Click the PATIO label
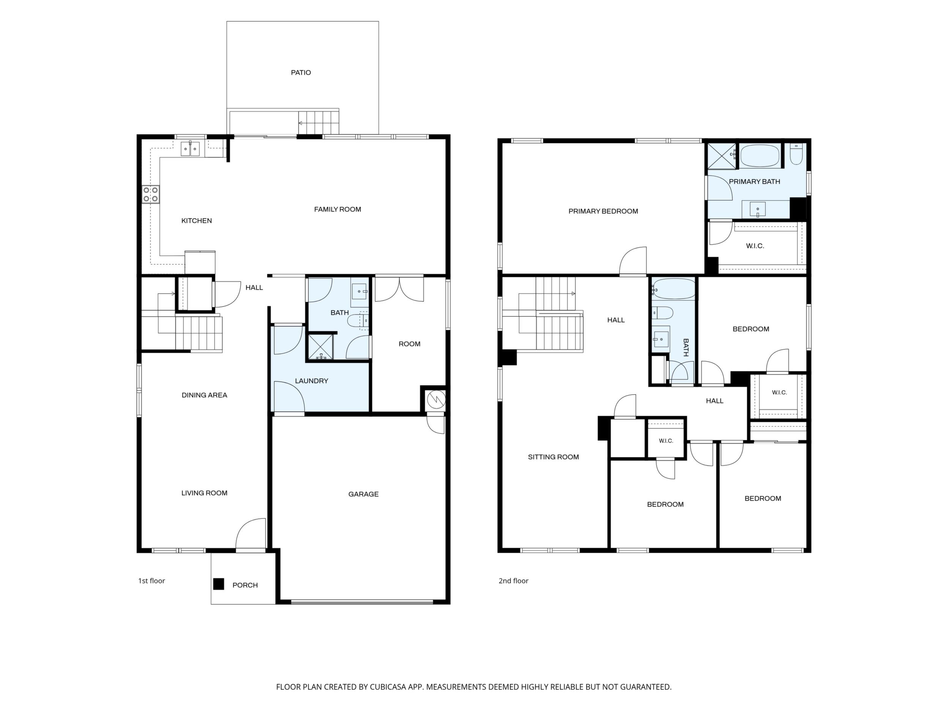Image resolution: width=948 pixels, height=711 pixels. coord(301,73)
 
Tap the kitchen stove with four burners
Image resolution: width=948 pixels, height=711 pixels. coord(151,194)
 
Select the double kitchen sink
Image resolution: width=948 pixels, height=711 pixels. coord(190,149)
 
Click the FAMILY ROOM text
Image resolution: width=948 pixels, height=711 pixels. coord(338,209)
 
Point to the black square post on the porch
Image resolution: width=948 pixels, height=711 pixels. coord(218,584)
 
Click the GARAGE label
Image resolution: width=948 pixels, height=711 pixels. coord(363,494)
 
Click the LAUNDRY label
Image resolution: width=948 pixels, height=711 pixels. coord(311,381)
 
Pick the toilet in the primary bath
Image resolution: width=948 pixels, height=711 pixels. coord(796,154)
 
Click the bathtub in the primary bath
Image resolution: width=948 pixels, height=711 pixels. coord(760,156)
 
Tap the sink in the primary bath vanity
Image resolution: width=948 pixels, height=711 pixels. coord(758,210)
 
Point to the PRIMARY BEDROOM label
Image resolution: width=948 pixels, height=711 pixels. coord(603,211)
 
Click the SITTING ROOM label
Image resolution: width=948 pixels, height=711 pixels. coord(553,457)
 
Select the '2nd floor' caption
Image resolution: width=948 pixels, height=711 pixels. coord(513,581)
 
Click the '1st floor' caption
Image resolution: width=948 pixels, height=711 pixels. coord(151,581)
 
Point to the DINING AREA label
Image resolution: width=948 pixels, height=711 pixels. coord(204,395)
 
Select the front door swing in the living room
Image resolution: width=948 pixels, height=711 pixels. coord(251,534)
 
